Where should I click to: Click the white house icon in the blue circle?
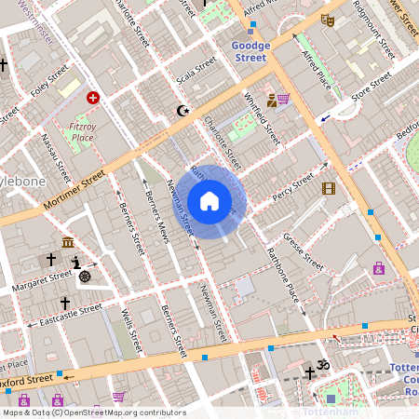[209, 201]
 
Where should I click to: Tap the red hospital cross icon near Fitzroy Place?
[93, 97]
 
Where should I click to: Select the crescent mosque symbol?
[182, 111]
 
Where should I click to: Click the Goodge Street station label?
[250, 51]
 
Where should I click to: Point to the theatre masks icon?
[327, 18]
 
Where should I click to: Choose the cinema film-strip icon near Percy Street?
[328, 188]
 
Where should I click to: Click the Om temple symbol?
[324, 364]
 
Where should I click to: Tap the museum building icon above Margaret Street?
[69, 243]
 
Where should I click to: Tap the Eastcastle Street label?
[64, 315]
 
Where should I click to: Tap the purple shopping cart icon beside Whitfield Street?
[283, 99]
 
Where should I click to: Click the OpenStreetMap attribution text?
[94, 412]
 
